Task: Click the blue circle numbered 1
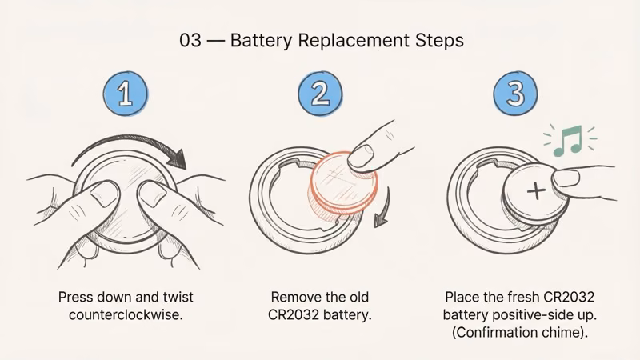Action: [x=125, y=94]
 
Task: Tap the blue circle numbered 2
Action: [x=320, y=94]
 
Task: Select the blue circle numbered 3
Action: [x=515, y=94]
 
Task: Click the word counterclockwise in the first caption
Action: [x=126, y=315]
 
